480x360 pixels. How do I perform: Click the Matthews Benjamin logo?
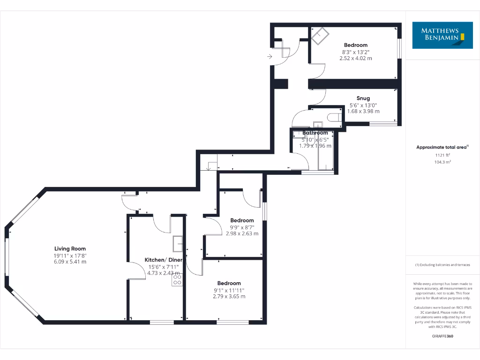(439, 35)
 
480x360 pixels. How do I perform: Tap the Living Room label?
(70, 249)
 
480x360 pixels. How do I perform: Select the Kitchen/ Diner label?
(161, 260)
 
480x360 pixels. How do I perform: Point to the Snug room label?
(363, 98)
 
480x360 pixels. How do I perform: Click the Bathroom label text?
(315, 133)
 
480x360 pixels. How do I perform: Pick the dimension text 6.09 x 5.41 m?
(70, 262)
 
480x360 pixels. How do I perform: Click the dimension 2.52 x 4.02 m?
(356, 59)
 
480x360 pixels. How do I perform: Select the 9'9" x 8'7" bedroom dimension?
(242, 227)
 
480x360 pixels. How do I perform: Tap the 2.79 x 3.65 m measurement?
(229, 296)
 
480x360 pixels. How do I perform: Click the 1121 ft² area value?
(442, 155)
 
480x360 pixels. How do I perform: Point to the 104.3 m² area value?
(442, 162)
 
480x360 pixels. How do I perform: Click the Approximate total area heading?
(442, 147)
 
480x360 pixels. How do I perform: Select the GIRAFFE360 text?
(442, 336)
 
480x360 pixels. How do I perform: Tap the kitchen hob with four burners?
(177, 280)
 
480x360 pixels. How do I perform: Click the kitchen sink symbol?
(178, 244)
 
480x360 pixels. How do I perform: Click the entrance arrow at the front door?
(270, 57)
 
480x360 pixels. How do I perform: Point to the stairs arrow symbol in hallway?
(209, 167)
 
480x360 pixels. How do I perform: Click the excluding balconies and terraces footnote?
(442, 265)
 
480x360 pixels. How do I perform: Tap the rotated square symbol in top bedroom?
(320, 36)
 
